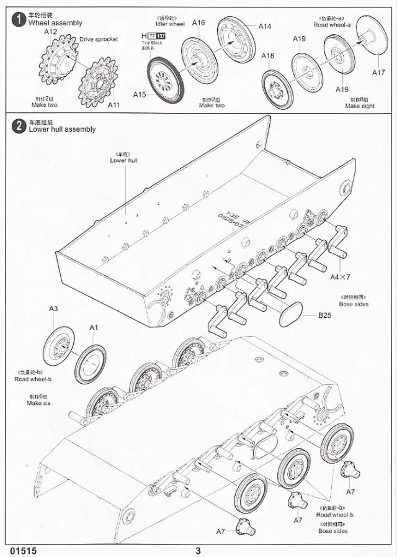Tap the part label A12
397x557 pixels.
(50, 31)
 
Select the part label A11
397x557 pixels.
(114, 105)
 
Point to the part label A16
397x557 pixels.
(198, 23)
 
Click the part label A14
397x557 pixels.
(265, 27)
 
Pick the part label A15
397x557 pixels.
(140, 94)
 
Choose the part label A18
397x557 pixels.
(267, 57)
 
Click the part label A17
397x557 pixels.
(378, 72)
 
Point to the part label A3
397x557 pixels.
(54, 309)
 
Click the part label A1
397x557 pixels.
(94, 327)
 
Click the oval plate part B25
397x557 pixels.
(292, 314)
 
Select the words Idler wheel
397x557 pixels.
(167, 24)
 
